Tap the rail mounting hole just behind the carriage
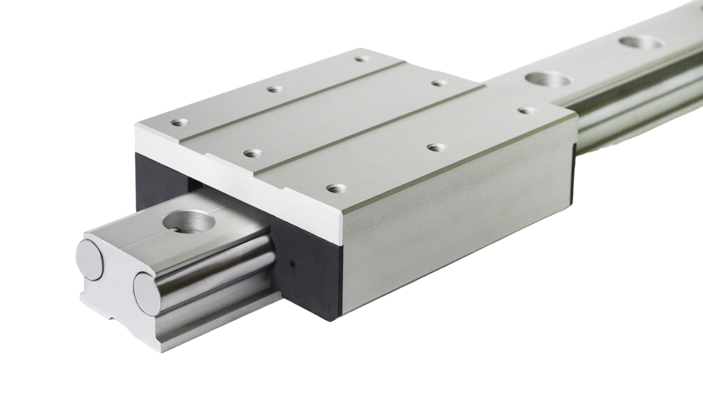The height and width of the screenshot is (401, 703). click(x=547, y=79)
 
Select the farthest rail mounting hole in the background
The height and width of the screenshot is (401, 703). click(x=640, y=42)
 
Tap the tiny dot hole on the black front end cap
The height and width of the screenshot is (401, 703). click(x=292, y=263)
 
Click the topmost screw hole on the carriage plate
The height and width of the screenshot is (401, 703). click(x=360, y=59)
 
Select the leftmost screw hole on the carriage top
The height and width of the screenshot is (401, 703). click(x=179, y=123)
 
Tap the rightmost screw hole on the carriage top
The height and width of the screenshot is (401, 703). click(x=527, y=111)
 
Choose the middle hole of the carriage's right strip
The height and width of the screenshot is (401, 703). click(x=437, y=147)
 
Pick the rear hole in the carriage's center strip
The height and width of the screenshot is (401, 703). click(x=439, y=83)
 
